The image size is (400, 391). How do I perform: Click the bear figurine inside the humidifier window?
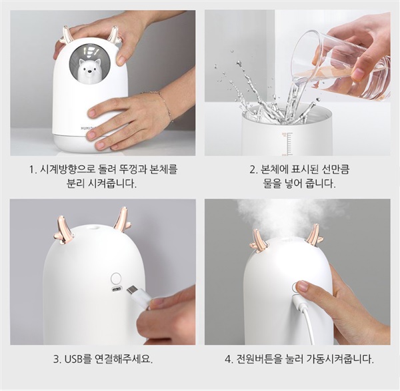click(x=86, y=71)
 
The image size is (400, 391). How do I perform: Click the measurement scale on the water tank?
click(x=288, y=143)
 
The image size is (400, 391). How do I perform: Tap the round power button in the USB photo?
click(x=116, y=278)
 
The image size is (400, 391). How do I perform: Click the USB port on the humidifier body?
click(x=117, y=290)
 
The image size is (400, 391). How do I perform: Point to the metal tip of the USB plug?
click(x=133, y=290)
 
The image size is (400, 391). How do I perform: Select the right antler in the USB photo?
click(x=122, y=218)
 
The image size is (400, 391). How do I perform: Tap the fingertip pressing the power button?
click(x=301, y=286)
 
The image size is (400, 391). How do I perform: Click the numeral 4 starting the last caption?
click(x=227, y=360)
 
